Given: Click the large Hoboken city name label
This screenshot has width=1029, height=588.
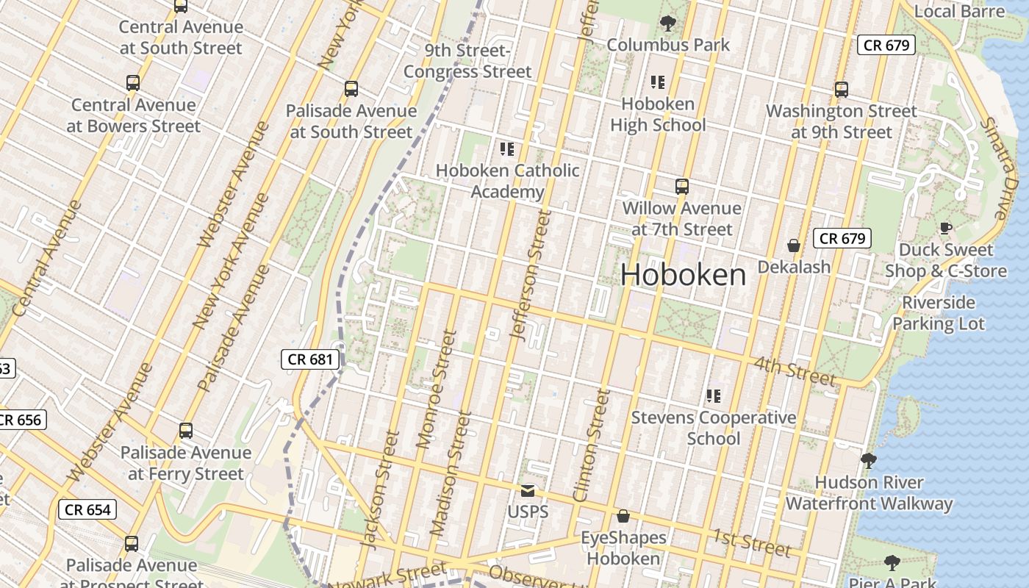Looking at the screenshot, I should click(683, 275).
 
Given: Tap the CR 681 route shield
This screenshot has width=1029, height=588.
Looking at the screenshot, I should click(312, 359).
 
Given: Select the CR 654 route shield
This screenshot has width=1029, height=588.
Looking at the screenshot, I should click(87, 509).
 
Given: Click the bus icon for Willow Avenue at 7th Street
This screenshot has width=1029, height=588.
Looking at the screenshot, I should click(682, 187).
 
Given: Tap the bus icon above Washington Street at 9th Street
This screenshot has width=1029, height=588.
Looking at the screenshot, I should click(842, 90).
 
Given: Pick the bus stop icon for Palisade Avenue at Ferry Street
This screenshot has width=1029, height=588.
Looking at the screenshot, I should click(186, 431).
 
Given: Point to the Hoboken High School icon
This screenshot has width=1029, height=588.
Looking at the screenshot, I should click(658, 82).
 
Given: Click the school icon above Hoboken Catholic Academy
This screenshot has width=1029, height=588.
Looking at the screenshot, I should click(506, 149).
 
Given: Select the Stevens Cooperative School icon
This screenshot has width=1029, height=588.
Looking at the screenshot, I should click(713, 396).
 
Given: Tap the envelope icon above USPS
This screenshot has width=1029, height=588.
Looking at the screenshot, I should click(528, 490).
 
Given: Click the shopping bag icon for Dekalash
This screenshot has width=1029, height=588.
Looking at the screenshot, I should click(794, 245).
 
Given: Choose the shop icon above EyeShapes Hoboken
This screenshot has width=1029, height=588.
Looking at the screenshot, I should click(623, 517).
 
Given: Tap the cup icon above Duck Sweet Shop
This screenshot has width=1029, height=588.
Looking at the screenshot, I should click(945, 228).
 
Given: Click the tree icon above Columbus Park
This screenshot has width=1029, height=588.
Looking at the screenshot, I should click(668, 24).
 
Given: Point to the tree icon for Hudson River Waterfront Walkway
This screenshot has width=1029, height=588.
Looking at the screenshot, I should click(869, 461).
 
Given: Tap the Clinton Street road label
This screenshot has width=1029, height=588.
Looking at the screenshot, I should click(591, 445).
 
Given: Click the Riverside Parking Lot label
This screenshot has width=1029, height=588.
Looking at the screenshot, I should click(939, 313).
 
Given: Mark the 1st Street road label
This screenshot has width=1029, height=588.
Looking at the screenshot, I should click(751, 542).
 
